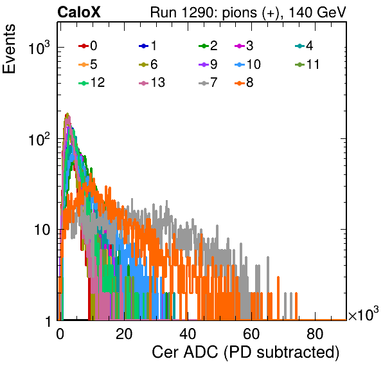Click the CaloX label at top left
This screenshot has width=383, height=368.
78,12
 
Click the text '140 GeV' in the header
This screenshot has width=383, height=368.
317,12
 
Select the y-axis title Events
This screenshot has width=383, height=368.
9,49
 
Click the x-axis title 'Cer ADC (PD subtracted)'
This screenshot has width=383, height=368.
245,353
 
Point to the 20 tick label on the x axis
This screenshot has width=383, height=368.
124,334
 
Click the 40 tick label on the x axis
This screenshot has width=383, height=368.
188,334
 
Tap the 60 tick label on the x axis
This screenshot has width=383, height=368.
251,334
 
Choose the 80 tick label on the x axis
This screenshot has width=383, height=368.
315,334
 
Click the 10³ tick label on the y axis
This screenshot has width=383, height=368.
39,48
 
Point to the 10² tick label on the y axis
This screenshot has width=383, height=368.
39,139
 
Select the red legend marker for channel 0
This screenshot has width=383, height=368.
84,46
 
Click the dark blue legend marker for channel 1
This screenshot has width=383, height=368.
144,46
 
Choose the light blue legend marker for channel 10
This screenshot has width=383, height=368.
240,65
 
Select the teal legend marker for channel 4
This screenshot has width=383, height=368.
299,46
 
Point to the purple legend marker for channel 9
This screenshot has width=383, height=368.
204,65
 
